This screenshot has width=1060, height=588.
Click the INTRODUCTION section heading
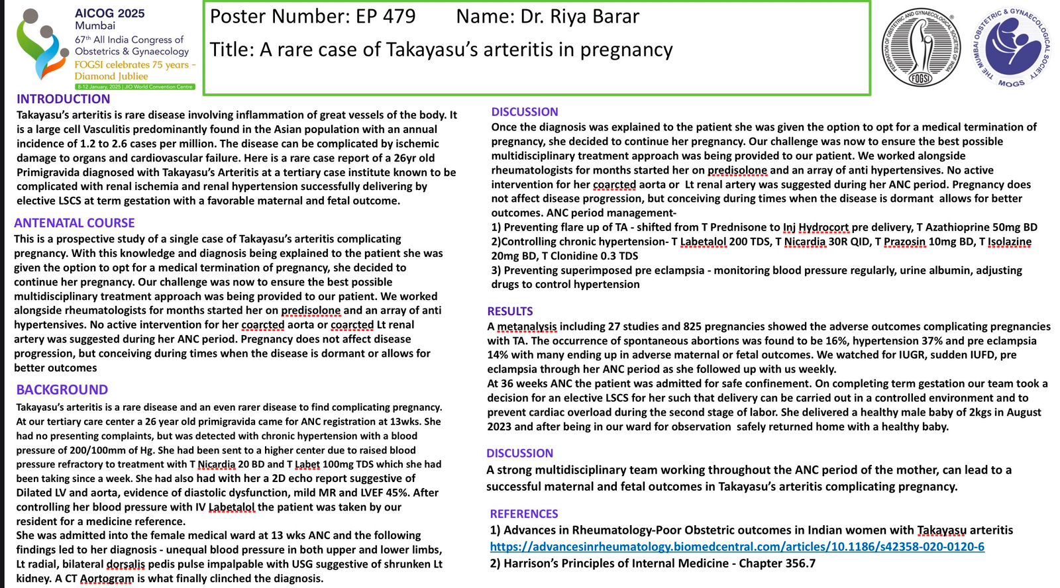(x=64, y=99)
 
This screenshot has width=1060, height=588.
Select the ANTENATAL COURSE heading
(x=74, y=223)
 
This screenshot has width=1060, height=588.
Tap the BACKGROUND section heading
(x=62, y=390)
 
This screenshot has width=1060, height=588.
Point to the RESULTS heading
(x=510, y=311)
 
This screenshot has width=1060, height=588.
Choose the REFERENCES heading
(x=524, y=514)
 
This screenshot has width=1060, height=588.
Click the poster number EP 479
(x=386, y=17)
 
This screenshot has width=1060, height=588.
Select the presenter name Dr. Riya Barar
(x=580, y=17)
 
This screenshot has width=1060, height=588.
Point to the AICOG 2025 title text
(x=109, y=13)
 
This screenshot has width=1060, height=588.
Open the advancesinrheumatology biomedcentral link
(x=737, y=547)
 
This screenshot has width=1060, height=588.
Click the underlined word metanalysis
(x=527, y=326)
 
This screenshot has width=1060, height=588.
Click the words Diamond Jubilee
(x=111, y=76)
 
